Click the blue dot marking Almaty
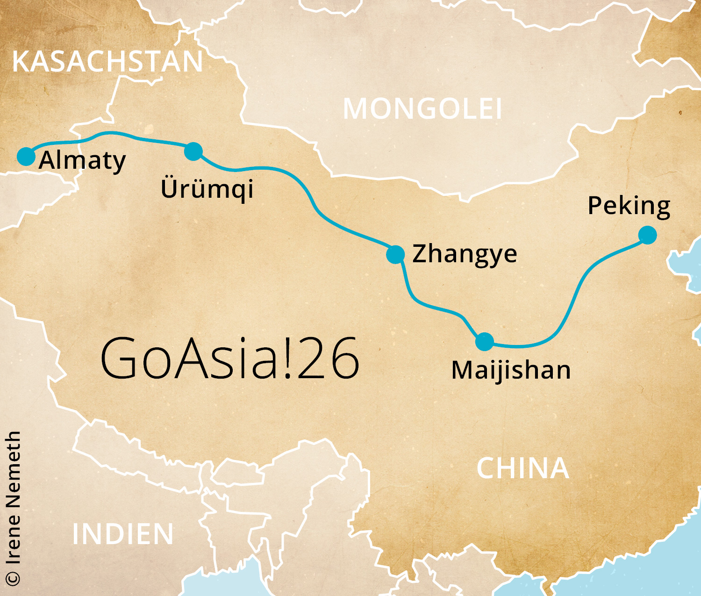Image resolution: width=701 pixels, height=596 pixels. coord(26,156)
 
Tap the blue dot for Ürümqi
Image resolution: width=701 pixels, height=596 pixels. coord(193,151)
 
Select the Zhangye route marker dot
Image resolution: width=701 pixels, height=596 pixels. coord(395,254)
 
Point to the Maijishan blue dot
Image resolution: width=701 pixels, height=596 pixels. coord(485,342)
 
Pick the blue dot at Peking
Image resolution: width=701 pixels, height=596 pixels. coord(647,235)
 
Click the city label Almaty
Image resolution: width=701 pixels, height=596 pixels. coord(82,161)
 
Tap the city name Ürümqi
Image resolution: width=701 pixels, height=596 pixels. coord(207,188)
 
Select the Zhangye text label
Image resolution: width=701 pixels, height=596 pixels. coord(465,254)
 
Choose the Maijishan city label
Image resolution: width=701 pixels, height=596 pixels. coord(511,370)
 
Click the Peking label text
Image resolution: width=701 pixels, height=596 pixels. coord(629,206)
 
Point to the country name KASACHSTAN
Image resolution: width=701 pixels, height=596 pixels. coord(107,62)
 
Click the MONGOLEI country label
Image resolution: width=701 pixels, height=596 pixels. coord(422,109)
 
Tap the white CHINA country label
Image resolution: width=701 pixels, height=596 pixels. coord(523,468)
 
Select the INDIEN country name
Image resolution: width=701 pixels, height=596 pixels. coord(123,534)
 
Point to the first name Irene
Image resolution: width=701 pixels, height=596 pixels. coord(13,539)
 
